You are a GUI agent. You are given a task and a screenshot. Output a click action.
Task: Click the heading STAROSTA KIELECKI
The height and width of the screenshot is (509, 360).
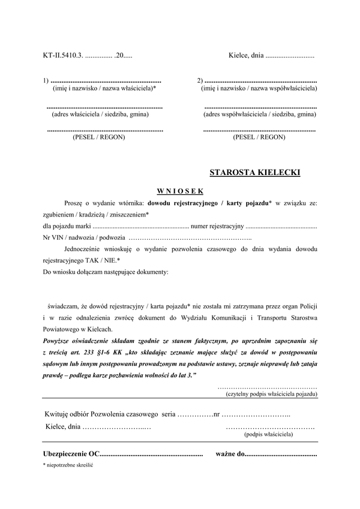[x=255, y=173]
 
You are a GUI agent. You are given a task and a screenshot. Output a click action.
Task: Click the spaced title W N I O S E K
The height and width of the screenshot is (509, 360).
[x=180, y=191]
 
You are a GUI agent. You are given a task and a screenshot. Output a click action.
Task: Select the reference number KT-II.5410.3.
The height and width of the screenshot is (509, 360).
[x=63, y=56]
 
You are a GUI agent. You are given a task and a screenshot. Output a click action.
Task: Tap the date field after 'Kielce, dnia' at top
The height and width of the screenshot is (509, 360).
[x=290, y=56]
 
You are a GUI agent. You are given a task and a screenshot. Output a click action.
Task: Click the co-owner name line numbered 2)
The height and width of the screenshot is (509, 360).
[x=260, y=80]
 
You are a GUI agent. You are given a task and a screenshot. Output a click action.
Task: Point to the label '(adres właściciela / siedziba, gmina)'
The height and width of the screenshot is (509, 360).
[x=100, y=113]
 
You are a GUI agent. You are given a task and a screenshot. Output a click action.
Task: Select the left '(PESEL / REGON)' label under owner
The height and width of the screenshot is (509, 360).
[x=99, y=137]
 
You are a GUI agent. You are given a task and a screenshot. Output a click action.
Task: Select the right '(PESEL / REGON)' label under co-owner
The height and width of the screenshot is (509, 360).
[x=259, y=137]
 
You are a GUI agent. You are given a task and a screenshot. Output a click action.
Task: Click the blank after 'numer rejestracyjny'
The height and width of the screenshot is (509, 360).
[x=281, y=227]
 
